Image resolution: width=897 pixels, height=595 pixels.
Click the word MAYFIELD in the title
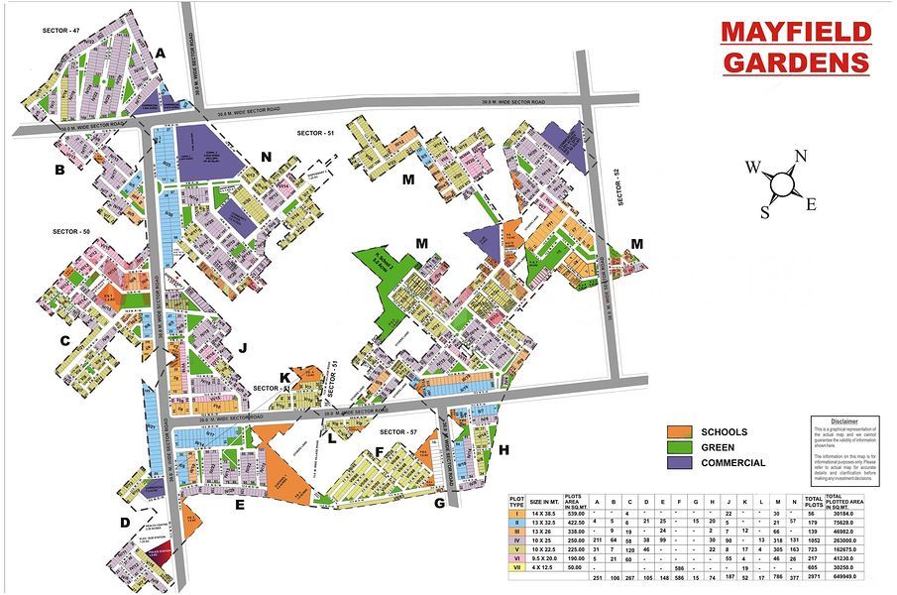796,31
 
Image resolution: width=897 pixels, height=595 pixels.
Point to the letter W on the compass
753,167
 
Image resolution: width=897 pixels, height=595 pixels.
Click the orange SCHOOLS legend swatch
679,432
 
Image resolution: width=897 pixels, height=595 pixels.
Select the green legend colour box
679,447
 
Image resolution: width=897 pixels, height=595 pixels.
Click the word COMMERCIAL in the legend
732,463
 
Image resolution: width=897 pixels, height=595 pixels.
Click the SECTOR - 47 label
60,31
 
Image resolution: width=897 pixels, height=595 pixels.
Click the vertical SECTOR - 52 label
616,187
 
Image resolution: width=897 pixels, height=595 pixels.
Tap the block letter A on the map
161,53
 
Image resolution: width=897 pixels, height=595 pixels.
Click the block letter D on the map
125,523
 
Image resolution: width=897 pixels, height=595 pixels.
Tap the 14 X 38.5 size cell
545,513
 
